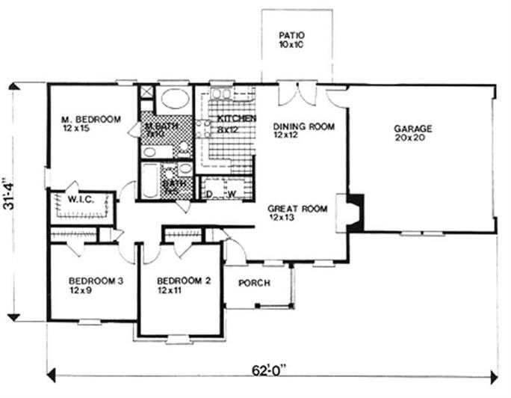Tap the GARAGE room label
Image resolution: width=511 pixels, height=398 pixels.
click(413, 128)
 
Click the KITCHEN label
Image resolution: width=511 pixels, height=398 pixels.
click(237, 119)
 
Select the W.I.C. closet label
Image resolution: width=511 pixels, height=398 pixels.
click(80, 200)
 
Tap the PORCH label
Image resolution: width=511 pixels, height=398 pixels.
click(253, 284)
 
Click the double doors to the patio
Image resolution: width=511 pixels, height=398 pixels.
click(297, 93)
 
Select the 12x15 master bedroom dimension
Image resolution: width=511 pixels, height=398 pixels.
click(77, 129)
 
